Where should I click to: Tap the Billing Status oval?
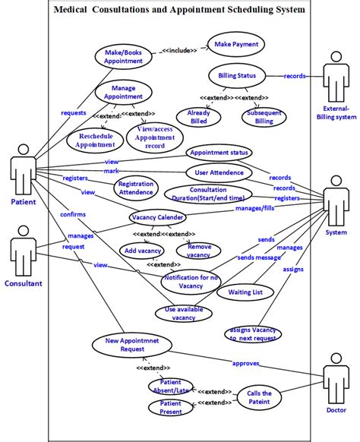pos(236,76)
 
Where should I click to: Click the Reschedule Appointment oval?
pos(96,140)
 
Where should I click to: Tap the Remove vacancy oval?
pos(199,251)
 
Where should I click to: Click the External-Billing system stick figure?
pos(337,80)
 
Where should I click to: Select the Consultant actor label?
pos(24,283)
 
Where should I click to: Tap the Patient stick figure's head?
pos(22,144)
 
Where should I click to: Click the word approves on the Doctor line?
pos(248,362)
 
